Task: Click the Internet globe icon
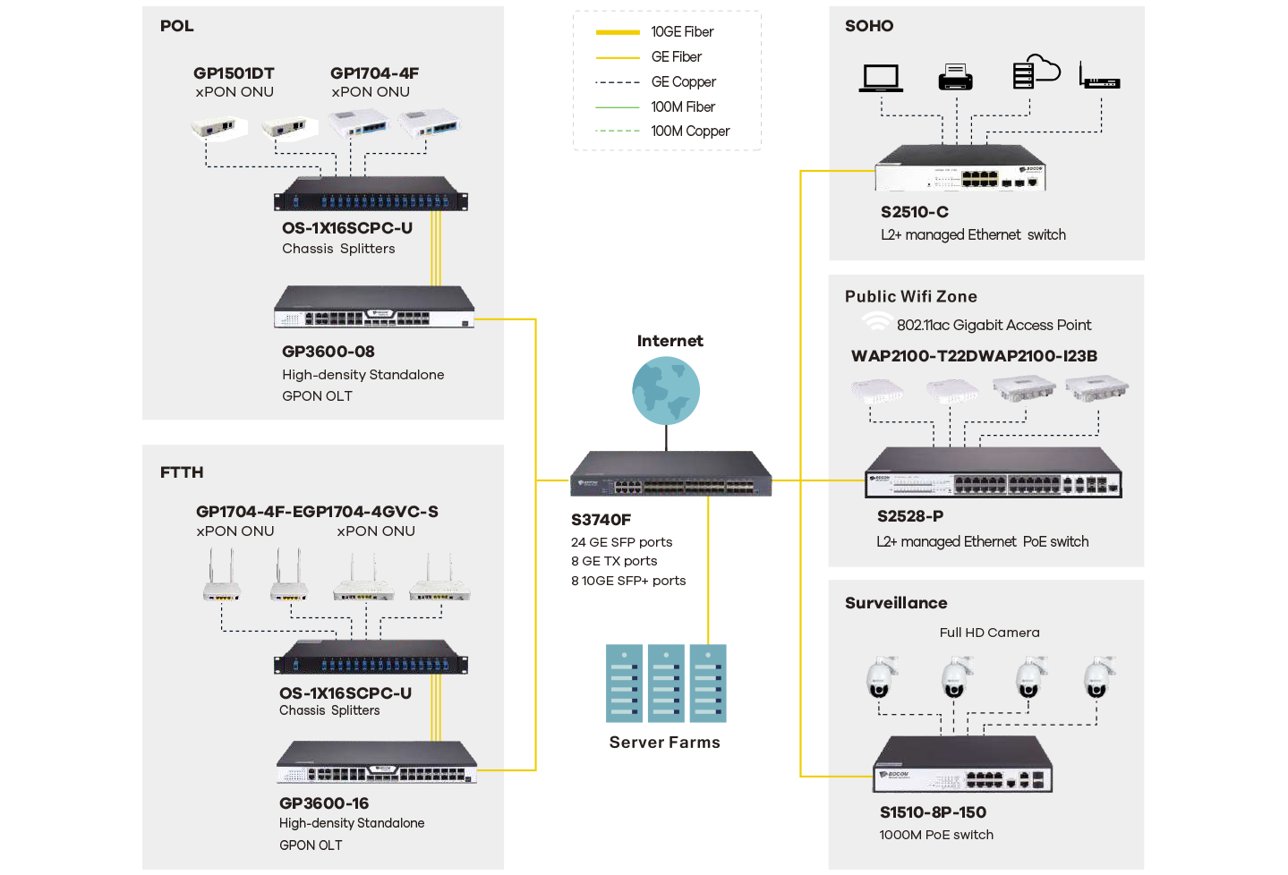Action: [666, 390]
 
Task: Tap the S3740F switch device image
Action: [671, 474]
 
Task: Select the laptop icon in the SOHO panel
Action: [881, 78]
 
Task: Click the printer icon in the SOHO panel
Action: [955, 78]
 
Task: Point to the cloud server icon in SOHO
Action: [1035, 72]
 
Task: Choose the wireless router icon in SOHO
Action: [1099, 78]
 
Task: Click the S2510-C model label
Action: [914, 212]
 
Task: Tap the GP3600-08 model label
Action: [328, 352]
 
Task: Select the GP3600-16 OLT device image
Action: [376, 762]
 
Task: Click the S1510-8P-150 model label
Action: [933, 812]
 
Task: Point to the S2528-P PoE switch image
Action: [993, 473]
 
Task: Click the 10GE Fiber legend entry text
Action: [682, 32]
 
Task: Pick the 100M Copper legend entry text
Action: [690, 132]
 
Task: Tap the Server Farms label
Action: [664, 743]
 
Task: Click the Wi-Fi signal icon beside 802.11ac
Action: [875, 322]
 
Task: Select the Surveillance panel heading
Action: [896, 603]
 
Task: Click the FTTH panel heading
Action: [182, 472]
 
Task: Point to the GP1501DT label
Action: [234, 73]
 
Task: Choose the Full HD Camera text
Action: [989, 633]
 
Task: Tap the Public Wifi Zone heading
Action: [910, 297]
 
